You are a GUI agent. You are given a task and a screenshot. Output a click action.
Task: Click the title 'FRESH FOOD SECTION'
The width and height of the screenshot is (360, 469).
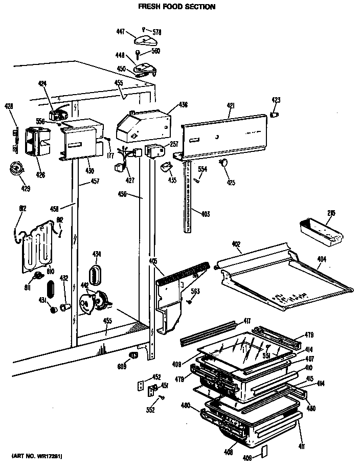click(177, 7)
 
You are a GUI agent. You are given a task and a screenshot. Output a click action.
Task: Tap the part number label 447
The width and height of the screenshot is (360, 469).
click(121, 31)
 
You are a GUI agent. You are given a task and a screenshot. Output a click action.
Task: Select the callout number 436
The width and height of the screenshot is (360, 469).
click(183, 105)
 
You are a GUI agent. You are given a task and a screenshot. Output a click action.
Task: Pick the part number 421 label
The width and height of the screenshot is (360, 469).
click(231, 105)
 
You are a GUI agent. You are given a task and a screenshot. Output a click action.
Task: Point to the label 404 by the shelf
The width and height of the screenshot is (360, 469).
click(321, 259)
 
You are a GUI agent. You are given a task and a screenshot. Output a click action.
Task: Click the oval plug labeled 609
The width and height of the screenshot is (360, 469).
click(133, 355)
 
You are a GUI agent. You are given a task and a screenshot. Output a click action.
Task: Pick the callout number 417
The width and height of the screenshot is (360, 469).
click(246, 321)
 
